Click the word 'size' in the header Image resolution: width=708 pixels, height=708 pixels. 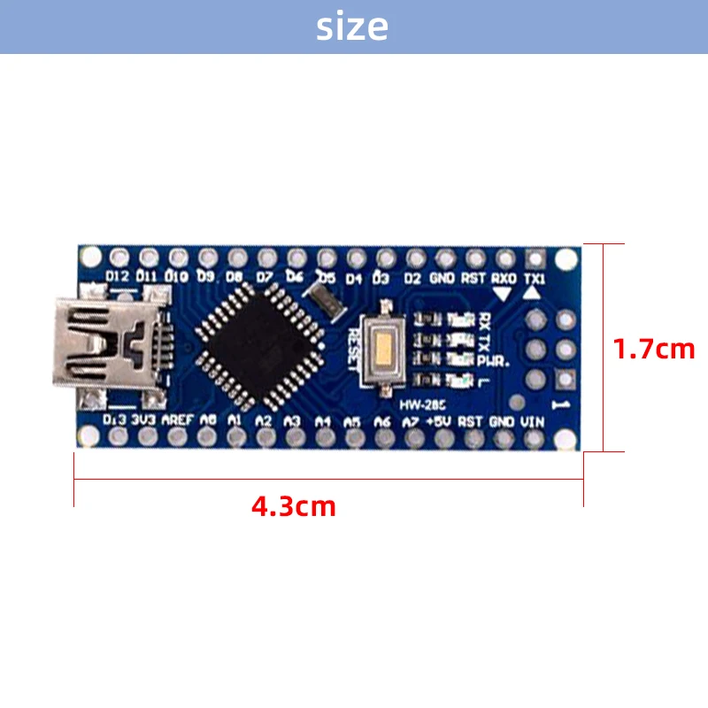tap(352, 27)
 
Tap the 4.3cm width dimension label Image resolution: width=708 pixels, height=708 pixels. tap(294, 507)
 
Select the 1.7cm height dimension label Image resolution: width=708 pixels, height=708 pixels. tap(655, 349)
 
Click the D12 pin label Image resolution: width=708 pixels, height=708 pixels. tap(117, 277)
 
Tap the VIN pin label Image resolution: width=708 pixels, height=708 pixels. tap(533, 421)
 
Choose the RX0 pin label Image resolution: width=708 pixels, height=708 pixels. tap(503, 277)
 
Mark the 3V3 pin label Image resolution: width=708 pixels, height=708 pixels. tap(143, 420)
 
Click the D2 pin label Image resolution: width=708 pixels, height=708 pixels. tap(412, 277)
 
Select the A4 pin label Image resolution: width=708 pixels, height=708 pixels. tap(323, 421)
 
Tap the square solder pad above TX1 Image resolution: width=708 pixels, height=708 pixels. tap(535, 258)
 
